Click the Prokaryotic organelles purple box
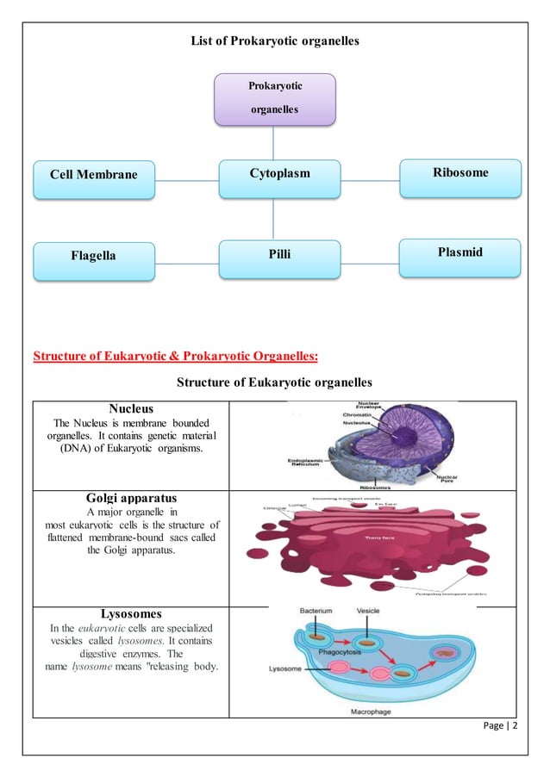[273, 98]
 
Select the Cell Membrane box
[93, 175]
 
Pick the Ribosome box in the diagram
[461, 172]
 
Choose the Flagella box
[93, 256]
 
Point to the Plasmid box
[461, 252]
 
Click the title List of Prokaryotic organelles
[274, 40]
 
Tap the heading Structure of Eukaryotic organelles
[274, 382]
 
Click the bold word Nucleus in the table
[131, 407]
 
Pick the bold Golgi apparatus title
[131, 498]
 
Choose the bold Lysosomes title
[131, 614]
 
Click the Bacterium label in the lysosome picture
[316, 611]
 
